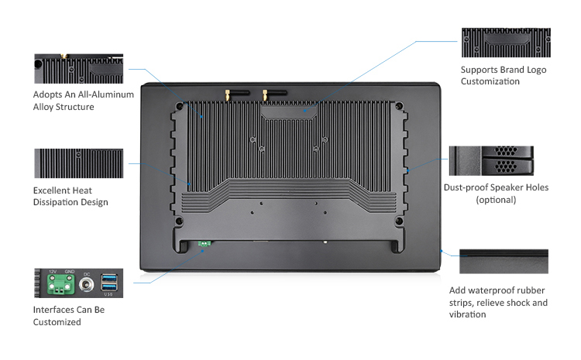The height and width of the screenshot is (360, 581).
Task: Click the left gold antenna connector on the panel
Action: (x=228, y=95)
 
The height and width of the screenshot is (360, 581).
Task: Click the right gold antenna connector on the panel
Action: (x=265, y=95)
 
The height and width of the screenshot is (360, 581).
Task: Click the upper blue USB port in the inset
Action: (x=110, y=278)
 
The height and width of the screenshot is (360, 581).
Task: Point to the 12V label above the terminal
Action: (x=53, y=271)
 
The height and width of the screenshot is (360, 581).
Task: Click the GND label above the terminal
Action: (x=68, y=271)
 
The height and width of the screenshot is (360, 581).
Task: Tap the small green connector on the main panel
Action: (x=205, y=244)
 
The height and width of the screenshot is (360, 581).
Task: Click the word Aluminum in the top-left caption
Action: (x=112, y=94)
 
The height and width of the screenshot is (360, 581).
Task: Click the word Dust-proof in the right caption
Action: (x=468, y=187)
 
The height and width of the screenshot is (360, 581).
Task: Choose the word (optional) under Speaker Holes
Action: (x=496, y=200)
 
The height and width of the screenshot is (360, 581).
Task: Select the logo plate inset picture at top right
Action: (x=505, y=43)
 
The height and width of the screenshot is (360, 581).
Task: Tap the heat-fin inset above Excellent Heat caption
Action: (x=79, y=163)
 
